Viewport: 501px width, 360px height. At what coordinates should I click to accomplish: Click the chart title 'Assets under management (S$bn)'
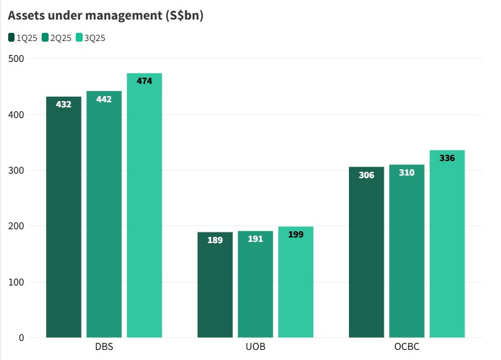point(105,16)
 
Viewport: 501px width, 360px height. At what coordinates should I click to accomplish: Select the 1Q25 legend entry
point(23,38)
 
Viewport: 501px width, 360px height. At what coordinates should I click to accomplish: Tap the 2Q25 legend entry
point(56,38)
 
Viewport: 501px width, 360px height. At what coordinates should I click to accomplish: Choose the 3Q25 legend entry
point(90,38)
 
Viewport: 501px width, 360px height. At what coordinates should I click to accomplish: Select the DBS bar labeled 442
point(104,214)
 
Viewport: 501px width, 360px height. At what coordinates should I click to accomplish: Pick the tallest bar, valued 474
point(144,205)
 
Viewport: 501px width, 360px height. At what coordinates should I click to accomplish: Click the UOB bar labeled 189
point(215,285)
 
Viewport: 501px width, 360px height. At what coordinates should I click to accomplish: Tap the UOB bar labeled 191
point(256,284)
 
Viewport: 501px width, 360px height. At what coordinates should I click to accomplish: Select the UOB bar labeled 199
point(296,282)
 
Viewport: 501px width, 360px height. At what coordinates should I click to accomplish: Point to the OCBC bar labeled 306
point(367,252)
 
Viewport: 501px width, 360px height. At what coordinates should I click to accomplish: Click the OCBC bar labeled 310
point(407,251)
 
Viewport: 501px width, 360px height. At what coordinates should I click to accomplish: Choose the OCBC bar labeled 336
point(447,244)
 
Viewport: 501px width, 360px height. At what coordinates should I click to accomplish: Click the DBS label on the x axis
point(104,348)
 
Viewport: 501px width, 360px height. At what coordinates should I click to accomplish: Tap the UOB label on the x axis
point(256,348)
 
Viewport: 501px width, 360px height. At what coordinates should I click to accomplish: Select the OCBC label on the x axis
point(407,348)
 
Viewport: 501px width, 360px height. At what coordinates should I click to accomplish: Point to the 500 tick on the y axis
point(16,59)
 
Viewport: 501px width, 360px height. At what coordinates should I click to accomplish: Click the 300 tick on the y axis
point(16,171)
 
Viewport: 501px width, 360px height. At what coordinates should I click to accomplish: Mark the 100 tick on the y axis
point(16,282)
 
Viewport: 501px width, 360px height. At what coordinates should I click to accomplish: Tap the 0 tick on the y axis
point(21,337)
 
